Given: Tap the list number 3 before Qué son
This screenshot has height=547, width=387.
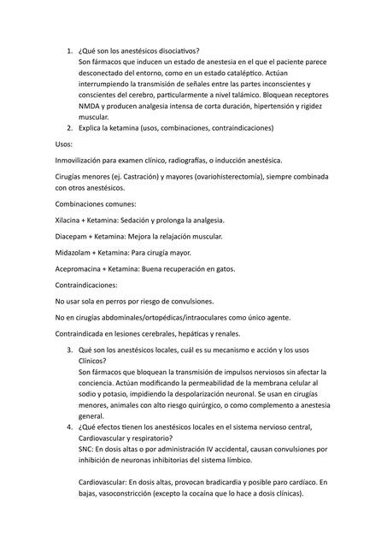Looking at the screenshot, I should pyautogui.click(x=69, y=351).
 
